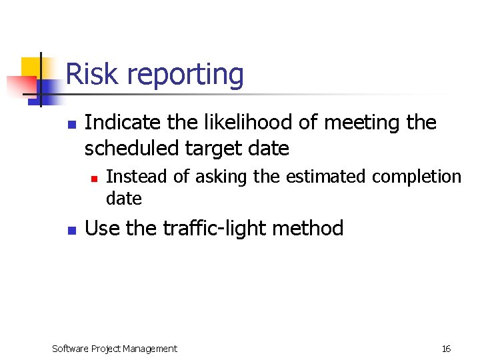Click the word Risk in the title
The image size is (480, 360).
(89, 74)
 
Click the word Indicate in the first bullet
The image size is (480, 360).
(121, 123)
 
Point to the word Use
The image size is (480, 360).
(103, 229)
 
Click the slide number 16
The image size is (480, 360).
(446, 349)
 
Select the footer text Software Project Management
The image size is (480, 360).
(115, 349)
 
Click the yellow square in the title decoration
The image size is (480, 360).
(31, 67)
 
